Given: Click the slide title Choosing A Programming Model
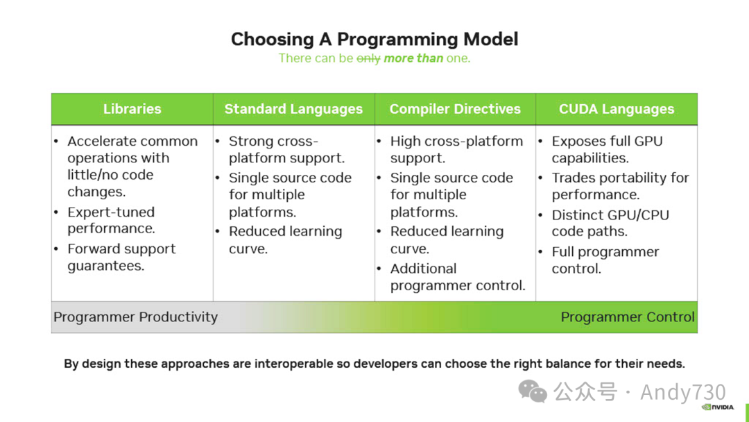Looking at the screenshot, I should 374,39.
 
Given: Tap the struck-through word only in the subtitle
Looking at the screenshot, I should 368,58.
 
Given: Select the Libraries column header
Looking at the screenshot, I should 132,109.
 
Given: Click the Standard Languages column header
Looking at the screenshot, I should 293,109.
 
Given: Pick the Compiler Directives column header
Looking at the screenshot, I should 455,109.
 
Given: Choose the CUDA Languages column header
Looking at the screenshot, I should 617,109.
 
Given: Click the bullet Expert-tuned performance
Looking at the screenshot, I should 111,220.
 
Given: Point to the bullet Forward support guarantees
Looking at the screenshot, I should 121,257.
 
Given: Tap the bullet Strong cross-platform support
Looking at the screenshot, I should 286,149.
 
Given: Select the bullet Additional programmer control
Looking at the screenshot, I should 458,277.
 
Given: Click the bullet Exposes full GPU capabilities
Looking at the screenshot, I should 607,149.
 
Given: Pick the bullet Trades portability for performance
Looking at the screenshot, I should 620,186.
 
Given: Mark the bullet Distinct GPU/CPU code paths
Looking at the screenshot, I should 610,223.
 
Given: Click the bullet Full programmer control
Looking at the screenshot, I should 605,260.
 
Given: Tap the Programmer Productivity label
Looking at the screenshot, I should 135,317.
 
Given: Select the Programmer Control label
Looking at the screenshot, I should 627,317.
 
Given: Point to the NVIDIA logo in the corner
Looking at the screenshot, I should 718,407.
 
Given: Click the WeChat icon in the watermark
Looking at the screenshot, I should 533,391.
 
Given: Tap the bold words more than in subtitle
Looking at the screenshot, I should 413,58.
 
